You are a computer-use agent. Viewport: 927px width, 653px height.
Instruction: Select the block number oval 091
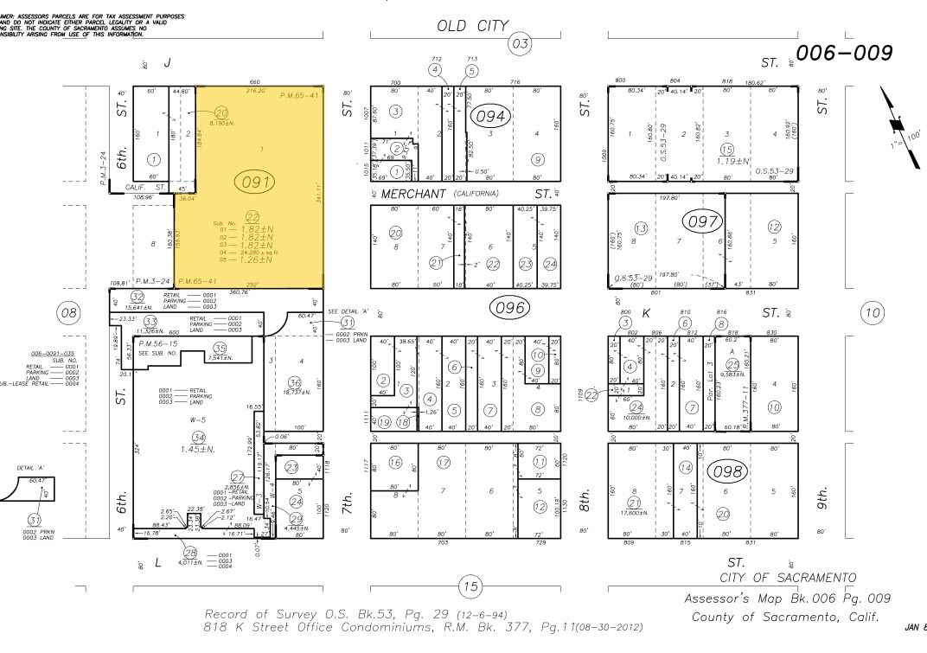tap(259, 182)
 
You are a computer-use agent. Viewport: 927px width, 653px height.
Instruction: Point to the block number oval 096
tap(515, 307)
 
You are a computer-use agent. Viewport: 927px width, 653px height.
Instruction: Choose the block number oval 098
tap(726, 471)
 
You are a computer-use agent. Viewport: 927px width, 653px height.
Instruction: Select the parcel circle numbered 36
tap(294, 383)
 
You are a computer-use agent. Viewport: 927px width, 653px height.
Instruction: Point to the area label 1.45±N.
tap(199, 449)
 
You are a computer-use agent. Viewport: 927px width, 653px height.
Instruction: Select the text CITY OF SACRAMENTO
tap(788, 577)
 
